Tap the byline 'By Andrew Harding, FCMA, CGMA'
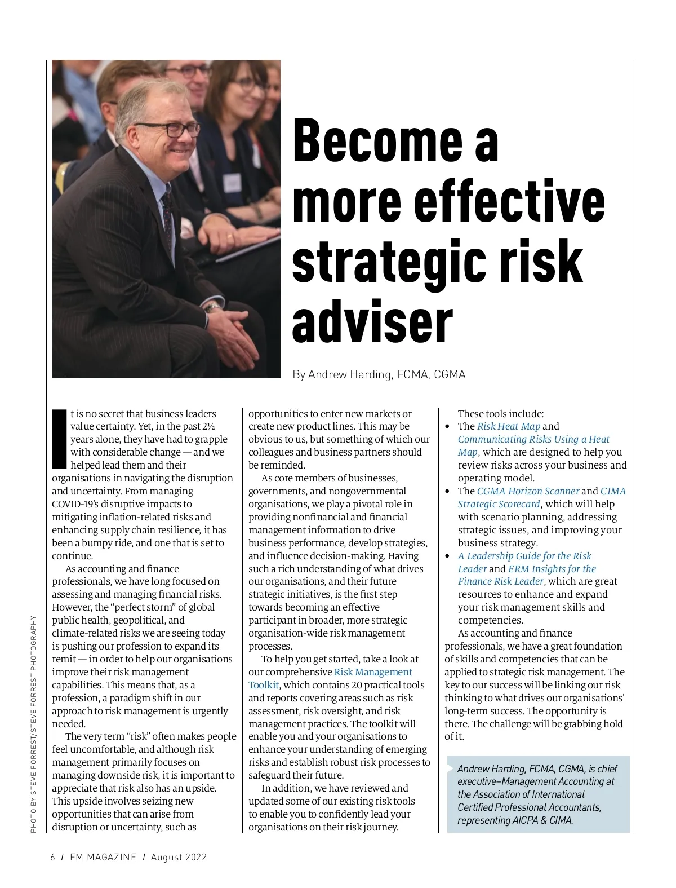[x=379, y=375]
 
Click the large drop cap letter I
[x=59, y=439]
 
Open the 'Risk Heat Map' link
[x=508, y=426]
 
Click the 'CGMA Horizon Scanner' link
[x=528, y=491]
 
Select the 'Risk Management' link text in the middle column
[x=373, y=672]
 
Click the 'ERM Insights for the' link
[x=552, y=569]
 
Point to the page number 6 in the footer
[x=53, y=858]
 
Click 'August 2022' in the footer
[x=179, y=858]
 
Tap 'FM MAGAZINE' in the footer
[x=103, y=858]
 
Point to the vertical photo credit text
[x=34, y=724]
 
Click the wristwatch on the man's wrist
[x=212, y=308]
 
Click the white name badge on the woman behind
[x=232, y=182]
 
